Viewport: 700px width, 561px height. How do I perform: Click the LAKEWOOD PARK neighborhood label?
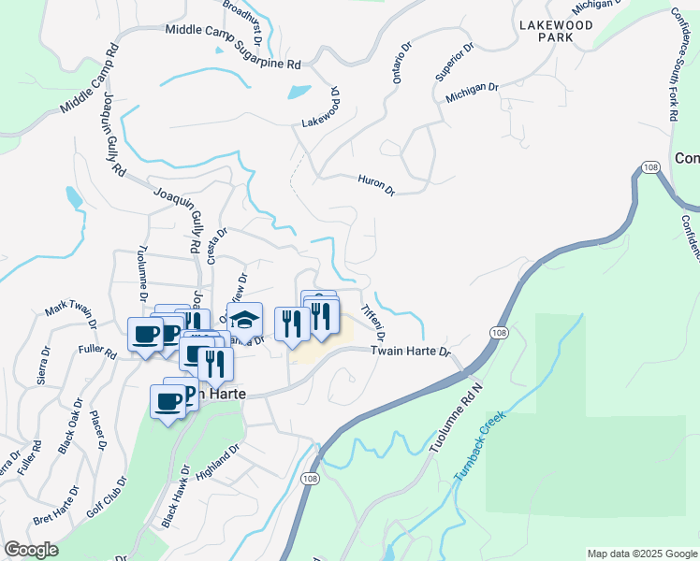557,32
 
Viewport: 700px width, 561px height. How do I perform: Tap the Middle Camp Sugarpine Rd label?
232,48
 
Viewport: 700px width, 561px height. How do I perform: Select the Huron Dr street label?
377,184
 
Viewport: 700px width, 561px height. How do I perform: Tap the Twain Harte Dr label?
411,352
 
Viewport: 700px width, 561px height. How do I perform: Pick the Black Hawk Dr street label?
176,495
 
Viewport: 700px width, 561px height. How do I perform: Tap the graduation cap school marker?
244,319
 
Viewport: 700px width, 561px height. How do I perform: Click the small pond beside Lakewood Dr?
299,93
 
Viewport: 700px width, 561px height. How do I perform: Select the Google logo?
30,550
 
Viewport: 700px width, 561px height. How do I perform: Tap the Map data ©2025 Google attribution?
641,554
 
